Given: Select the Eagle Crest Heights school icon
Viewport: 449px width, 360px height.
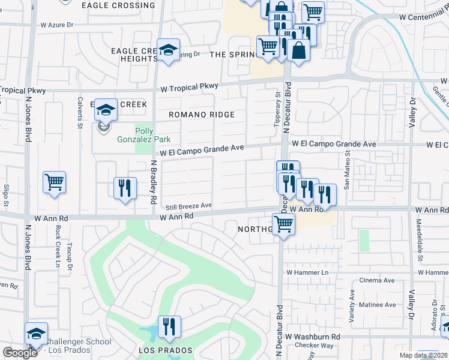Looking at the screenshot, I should tap(169, 50).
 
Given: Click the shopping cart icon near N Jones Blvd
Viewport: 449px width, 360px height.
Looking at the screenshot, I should tap(54, 182).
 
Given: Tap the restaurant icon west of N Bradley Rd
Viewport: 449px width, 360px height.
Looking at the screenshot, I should tap(125, 188).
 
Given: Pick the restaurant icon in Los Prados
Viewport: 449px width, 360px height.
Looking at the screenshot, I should tap(169, 327).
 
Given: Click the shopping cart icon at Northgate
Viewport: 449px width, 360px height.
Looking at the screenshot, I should tap(283, 225).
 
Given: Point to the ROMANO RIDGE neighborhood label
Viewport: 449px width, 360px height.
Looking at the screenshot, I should tap(201, 115).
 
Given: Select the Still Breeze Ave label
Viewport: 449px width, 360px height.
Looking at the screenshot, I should tap(189, 205).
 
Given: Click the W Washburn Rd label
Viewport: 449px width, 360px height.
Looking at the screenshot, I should tap(313, 337).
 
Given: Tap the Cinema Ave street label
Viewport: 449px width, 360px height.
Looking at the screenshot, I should tap(376, 280).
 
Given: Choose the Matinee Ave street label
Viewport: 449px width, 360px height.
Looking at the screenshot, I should tap(377, 305).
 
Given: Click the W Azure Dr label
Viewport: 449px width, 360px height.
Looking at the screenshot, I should tap(56, 26).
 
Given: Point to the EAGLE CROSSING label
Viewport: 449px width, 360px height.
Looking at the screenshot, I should tap(118, 5).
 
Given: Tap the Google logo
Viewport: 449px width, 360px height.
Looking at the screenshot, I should tap(20, 353).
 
